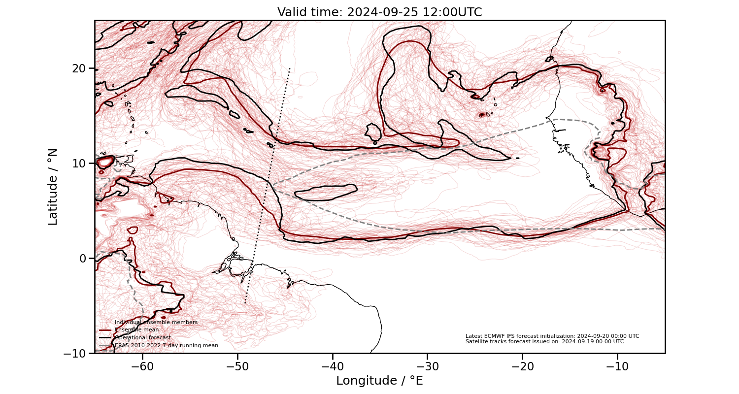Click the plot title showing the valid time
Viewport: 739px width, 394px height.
point(379,12)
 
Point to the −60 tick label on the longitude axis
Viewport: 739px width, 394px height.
point(142,366)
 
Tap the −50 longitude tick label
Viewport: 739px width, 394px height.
point(237,366)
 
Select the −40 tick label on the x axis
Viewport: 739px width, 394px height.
point(332,366)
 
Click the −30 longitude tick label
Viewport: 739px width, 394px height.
point(427,366)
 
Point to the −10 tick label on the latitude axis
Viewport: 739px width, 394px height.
point(76,353)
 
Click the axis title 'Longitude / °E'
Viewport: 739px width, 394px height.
point(379,381)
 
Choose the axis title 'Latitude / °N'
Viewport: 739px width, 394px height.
point(53,187)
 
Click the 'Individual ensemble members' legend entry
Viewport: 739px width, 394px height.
point(156,323)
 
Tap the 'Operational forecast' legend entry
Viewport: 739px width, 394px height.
point(142,338)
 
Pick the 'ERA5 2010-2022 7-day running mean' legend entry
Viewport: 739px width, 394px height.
point(166,346)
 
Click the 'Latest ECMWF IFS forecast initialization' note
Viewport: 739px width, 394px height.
point(552,336)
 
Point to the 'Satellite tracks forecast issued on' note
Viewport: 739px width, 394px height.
point(544,341)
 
